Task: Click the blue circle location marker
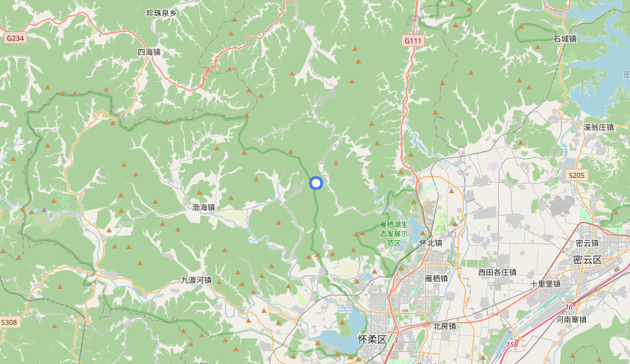tap(315, 183)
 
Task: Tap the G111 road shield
tap(413, 41)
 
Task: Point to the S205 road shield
tap(576, 175)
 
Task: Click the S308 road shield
tap(8, 322)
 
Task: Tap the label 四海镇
tap(148, 52)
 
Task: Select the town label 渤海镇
tap(203, 207)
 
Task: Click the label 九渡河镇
tap(196, 280)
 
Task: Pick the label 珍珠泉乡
tap(161, 13)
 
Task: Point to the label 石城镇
tap(564, 38)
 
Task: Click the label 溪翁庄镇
tap(598, 127)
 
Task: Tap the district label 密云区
tap(587, 260)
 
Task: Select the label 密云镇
tap(587, 243)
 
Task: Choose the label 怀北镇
tap(430, 243)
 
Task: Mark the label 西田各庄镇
tap(497, 272)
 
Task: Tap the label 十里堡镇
tap(545, 284)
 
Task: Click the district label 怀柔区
tap(372, 339)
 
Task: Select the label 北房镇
tap(444, 325)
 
